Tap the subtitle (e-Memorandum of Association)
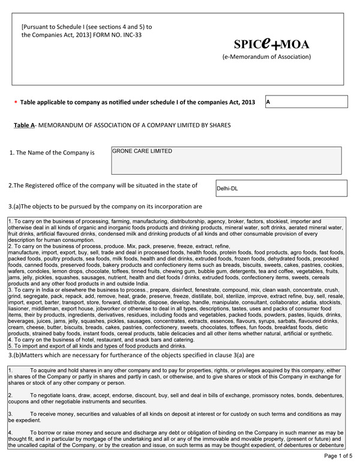click(x=266, y=57)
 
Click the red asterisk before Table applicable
click(x=16, y=103)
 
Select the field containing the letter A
click(x=305, y=102)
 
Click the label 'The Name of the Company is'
click(x=52, y=153)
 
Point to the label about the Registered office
click(x=103, y=186)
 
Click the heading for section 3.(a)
click(x=105, y=207)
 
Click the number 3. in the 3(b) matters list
click(x=11, y=414)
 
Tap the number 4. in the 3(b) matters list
click(x=11, y=432)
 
